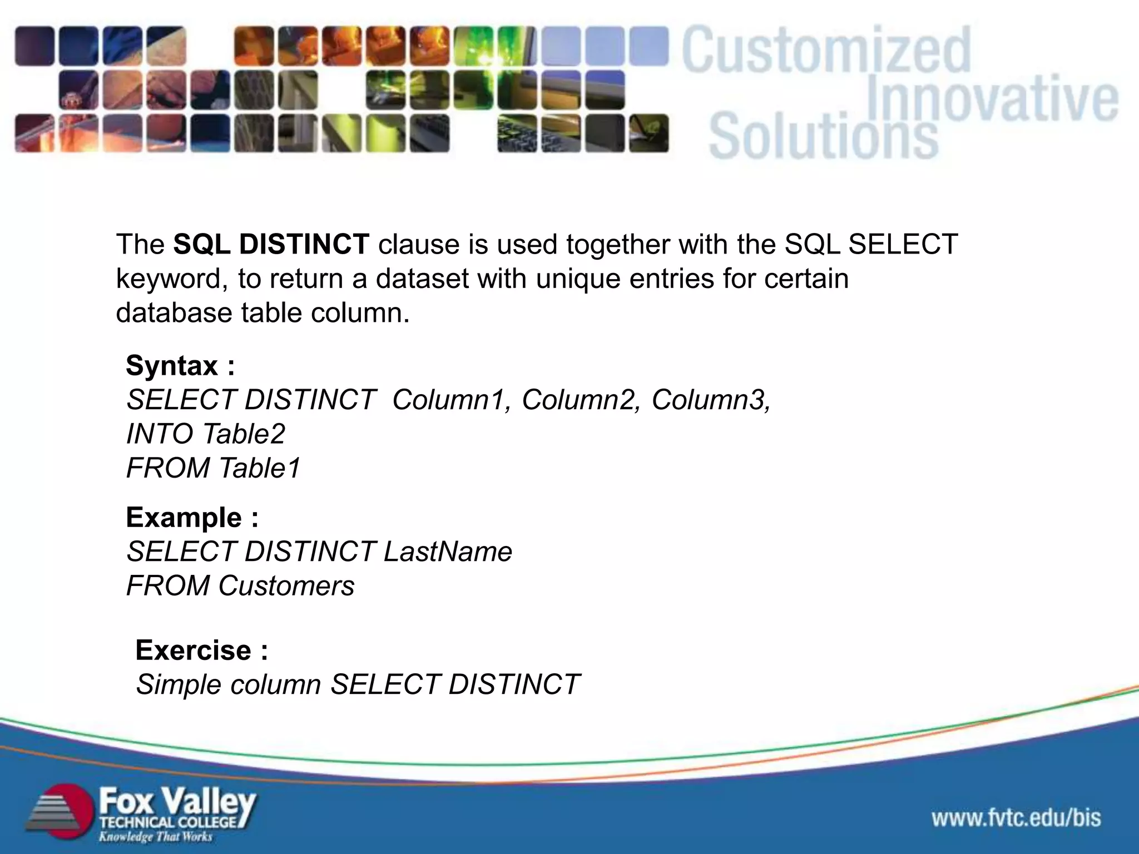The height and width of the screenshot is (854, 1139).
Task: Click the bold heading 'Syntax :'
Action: point(180,366)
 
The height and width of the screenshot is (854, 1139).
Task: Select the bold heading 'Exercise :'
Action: point(201,651)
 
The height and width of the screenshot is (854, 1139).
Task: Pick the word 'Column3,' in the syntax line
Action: point(711,400)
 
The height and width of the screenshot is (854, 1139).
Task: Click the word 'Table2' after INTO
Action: point(244,434)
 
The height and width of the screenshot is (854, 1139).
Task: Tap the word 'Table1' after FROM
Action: point(259,468)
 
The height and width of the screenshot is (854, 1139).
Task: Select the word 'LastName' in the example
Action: point(448,552)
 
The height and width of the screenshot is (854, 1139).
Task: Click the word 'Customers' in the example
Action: point(286,586)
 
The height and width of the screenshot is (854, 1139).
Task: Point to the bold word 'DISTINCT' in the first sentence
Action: point(304,245)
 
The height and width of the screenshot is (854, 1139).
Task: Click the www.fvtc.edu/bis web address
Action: point(1016,818)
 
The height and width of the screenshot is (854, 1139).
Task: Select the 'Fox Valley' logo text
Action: point(177,802)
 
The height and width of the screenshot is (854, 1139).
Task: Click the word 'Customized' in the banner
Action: point(826,51)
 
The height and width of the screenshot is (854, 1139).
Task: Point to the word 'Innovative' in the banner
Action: point(992,101)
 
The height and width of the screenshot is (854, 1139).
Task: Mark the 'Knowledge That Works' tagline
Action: point(155,837)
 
